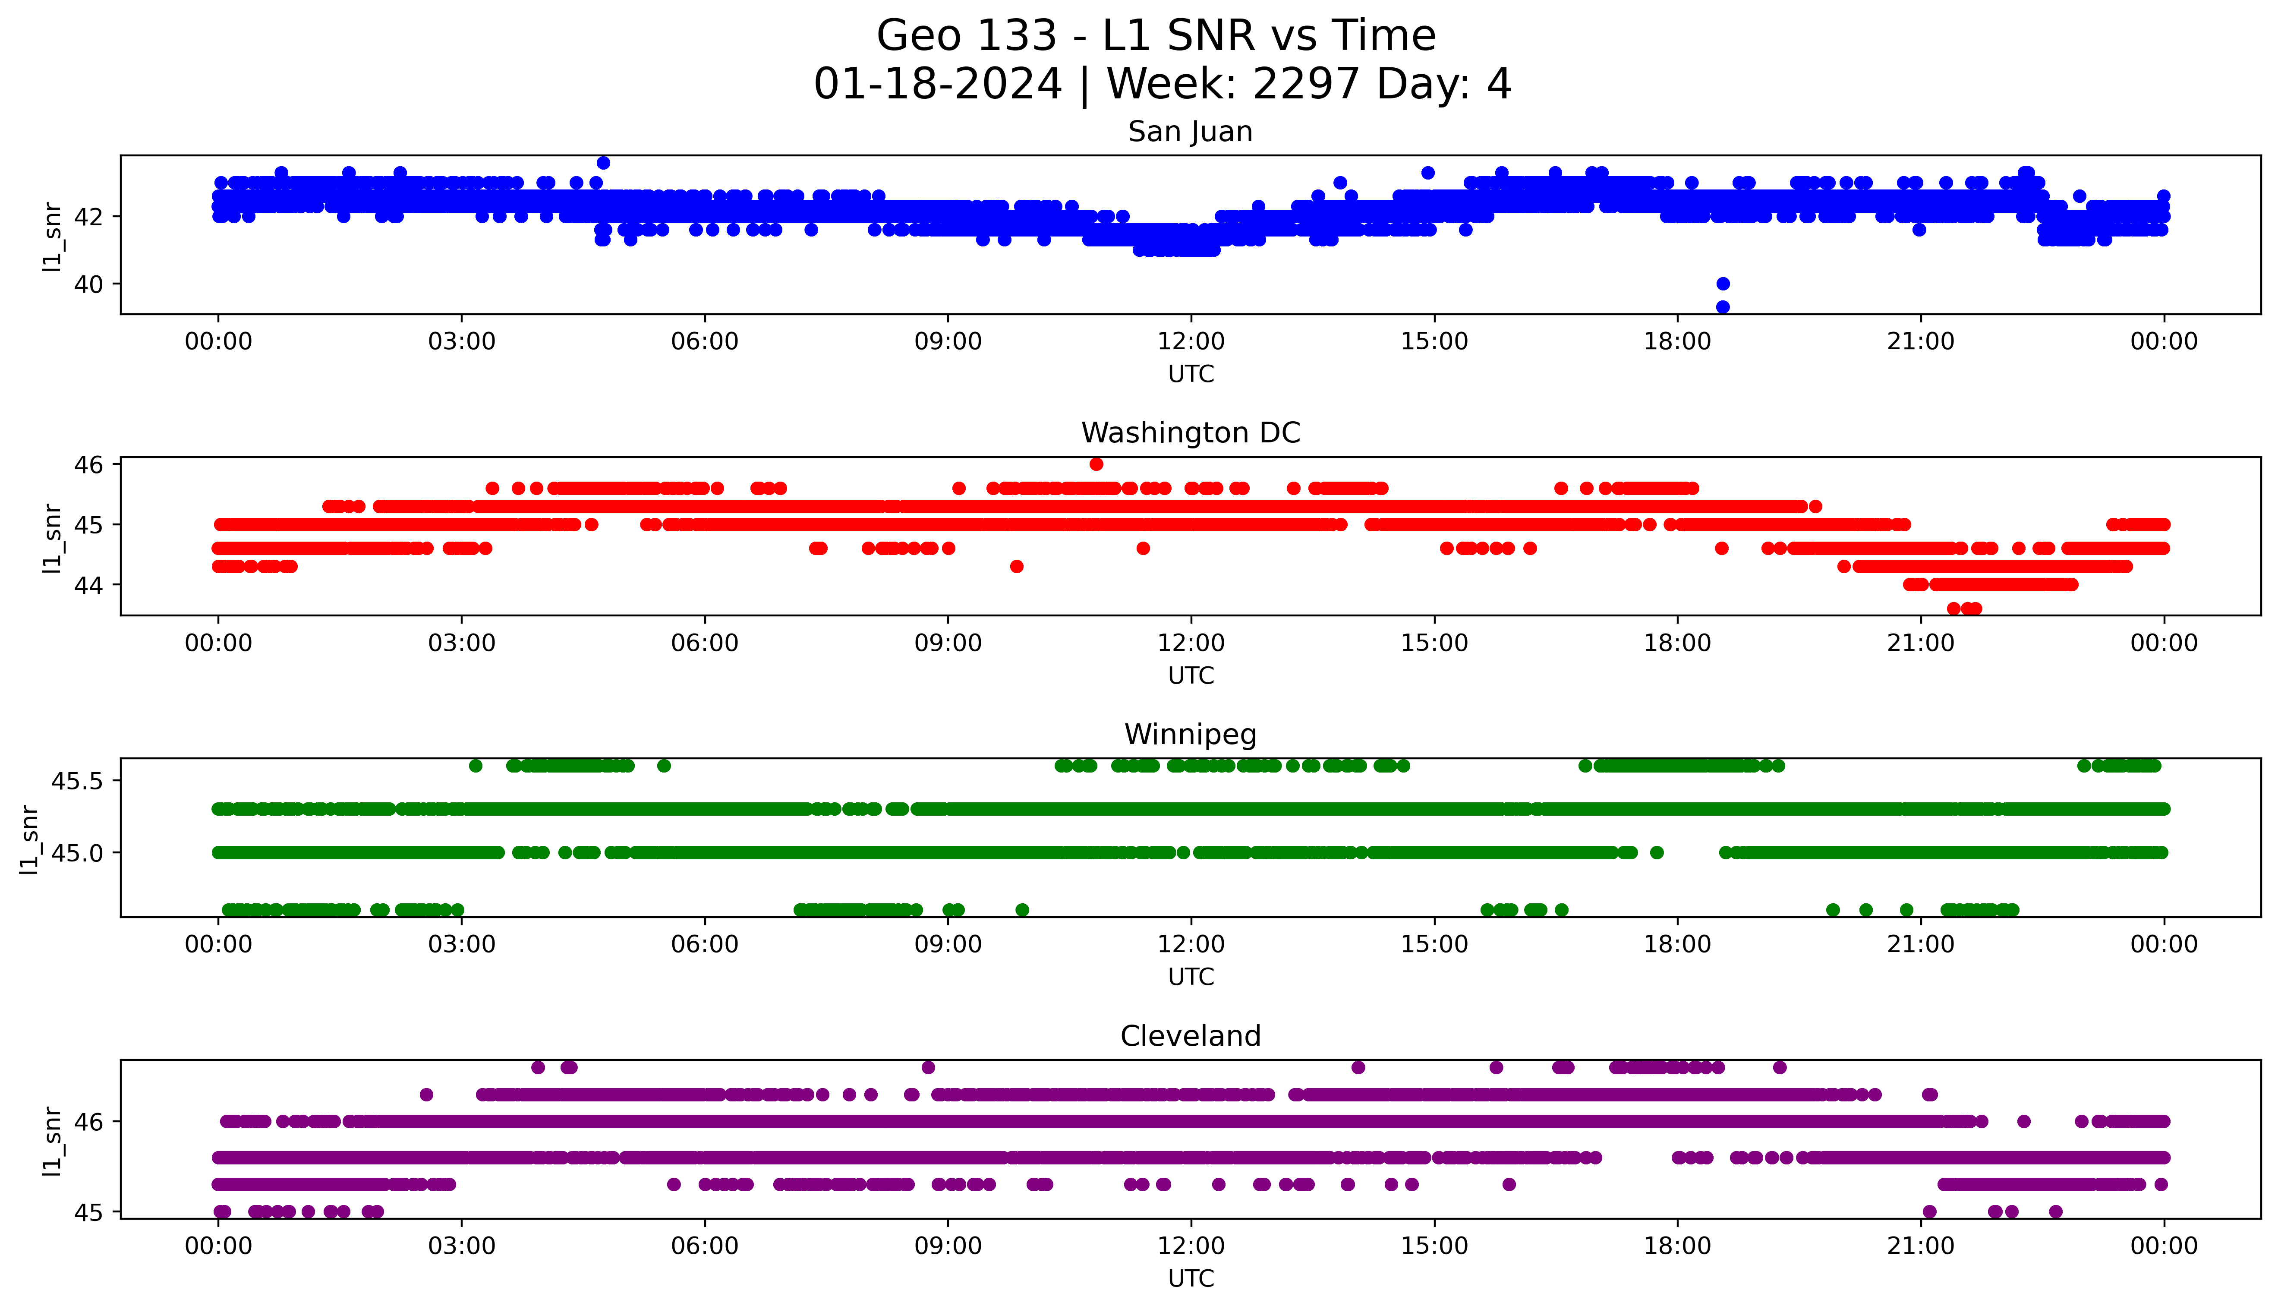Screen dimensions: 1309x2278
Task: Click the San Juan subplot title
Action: coord(1190,132)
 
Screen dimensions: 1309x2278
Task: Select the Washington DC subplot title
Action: coord(1190,433)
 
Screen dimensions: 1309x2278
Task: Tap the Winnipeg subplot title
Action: coord(1190,735)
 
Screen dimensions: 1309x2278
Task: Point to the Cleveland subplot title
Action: coord(1190,1037)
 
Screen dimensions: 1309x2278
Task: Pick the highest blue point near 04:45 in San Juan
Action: coord(603,163)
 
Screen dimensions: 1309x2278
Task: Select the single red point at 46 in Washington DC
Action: coord(1096,464)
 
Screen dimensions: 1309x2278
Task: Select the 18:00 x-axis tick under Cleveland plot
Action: coord(1677,1246)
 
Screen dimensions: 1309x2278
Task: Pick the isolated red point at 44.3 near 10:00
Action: coord(1016,566)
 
